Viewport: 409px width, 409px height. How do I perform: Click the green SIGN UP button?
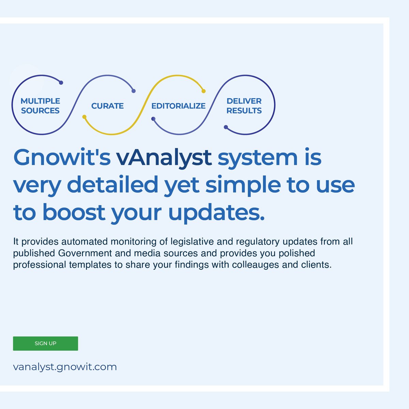coord(45,343)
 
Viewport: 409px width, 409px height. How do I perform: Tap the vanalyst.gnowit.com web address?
coord(65,367)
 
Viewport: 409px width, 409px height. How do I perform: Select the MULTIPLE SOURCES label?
coord(40,106)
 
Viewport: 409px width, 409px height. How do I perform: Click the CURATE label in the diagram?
coord(107,106)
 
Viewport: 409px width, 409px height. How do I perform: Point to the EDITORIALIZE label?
coord(178,106)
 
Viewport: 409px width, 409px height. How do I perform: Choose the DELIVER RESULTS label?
coord(244,106)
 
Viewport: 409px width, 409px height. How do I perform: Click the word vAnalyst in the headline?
coord(164,157)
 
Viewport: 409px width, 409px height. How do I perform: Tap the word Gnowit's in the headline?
coord(62,157)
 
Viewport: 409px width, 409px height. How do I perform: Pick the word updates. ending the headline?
coord(216,212)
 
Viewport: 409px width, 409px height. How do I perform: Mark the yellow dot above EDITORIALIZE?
coord(203,91)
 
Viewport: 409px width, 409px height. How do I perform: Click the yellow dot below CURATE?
coord(85,117)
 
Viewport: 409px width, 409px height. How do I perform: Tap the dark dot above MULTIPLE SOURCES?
coord(61,82)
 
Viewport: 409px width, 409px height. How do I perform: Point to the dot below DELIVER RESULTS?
coord(226,127)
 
